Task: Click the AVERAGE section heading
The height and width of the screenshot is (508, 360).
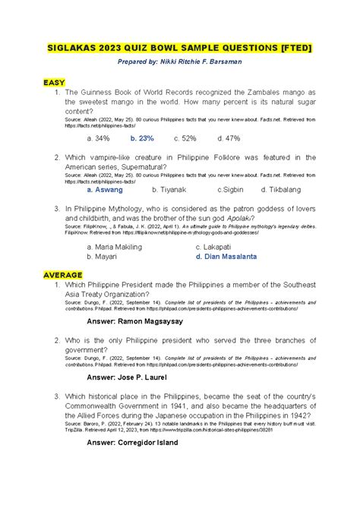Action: point(64,273)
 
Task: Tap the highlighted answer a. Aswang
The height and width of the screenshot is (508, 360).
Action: point(106,190)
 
